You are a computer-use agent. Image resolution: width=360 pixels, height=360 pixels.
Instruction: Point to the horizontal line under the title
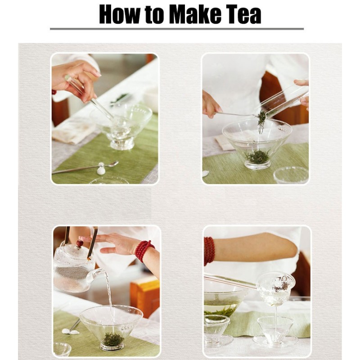point(176,29)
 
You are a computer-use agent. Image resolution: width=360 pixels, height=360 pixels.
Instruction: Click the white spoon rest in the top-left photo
point(101,169)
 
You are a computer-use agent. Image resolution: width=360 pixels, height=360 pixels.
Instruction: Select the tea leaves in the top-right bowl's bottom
point(258,157)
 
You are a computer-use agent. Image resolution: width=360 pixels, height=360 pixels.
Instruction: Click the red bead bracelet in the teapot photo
point(144,250)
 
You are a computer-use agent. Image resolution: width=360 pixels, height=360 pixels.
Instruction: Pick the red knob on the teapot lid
point(80,243)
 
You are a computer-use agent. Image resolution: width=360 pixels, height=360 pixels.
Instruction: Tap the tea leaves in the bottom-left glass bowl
point(113,338)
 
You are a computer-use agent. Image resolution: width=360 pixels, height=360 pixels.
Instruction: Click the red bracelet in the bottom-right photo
point(209,251)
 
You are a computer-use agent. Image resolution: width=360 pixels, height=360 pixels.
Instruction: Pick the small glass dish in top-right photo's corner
point(292,175)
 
